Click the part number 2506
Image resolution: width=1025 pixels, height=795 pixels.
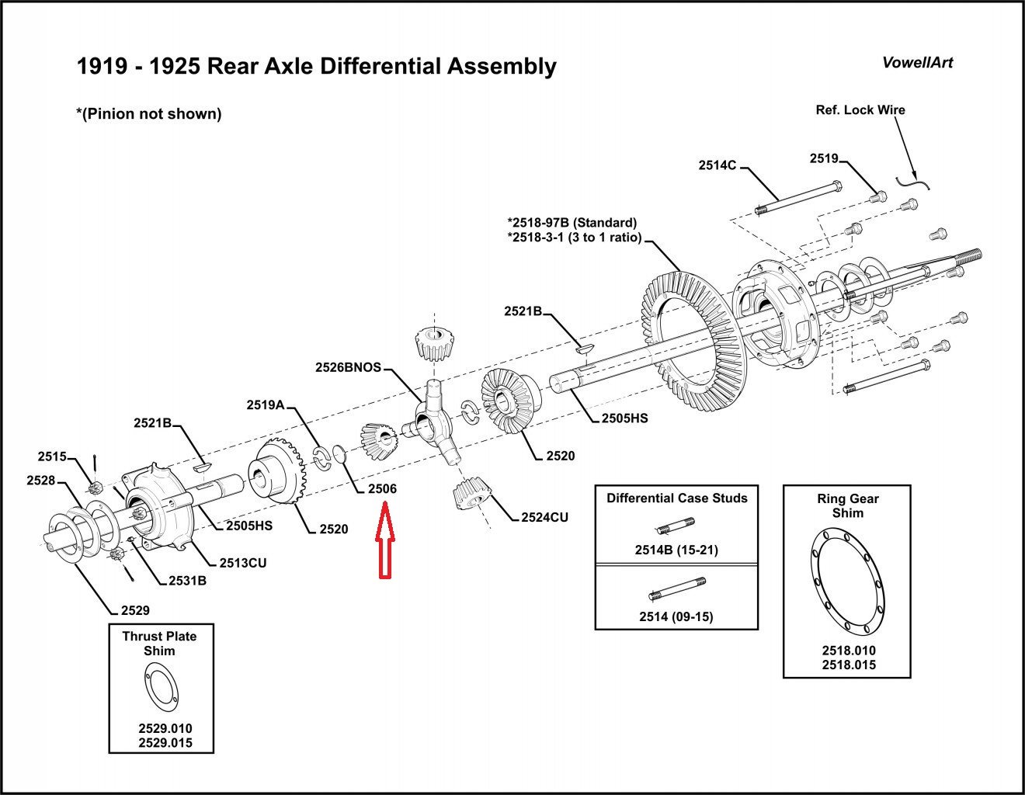[382, 489]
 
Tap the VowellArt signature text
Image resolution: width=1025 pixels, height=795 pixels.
[917, 63]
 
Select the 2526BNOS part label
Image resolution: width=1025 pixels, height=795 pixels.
[348, 367]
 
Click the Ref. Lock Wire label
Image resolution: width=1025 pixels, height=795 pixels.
[860, 110]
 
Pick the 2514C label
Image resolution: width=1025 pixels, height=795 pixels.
[717, 165]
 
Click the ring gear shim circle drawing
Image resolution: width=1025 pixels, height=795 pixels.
[846, 579]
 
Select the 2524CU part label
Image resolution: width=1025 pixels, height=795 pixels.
[544, 517]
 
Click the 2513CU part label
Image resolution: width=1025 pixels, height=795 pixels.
[242, 563]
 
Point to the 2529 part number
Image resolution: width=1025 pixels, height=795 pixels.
[135, 610]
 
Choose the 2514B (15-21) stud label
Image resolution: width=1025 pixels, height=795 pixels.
[676, 550]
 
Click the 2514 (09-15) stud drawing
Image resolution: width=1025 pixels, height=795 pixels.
[676, 594]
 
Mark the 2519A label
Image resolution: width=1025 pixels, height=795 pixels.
[266, 404]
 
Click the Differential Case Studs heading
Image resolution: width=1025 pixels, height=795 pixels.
[676, 498]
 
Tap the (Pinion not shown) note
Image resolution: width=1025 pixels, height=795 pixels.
[148, 114]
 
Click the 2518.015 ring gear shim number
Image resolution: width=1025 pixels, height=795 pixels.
[848, 665]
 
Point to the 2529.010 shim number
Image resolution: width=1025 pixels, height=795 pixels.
[165, 729]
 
